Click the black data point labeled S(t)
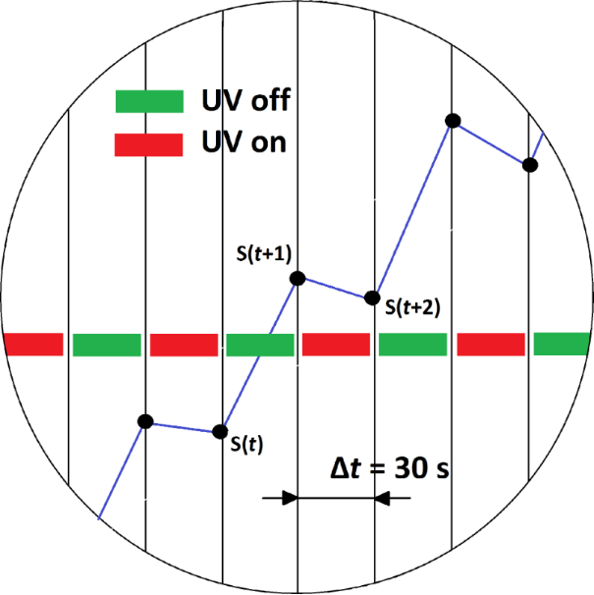point(222,431)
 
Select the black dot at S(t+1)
point(297,279)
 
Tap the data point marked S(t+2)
point(372,297)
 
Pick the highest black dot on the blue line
point(453,121)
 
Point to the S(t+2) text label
point(412,306)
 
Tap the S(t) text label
point(245,443)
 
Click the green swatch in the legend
point(149,100)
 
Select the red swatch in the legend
point(149,144)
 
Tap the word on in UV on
point(268,143)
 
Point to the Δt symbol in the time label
point(345,468)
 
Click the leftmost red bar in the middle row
point(33,345)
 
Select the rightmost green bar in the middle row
point(563,344)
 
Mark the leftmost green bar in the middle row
point(107,345)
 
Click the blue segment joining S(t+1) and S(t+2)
point(335,289)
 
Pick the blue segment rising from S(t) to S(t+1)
point(259,356)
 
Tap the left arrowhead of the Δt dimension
point(288,498)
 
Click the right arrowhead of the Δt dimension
point(384,498)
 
